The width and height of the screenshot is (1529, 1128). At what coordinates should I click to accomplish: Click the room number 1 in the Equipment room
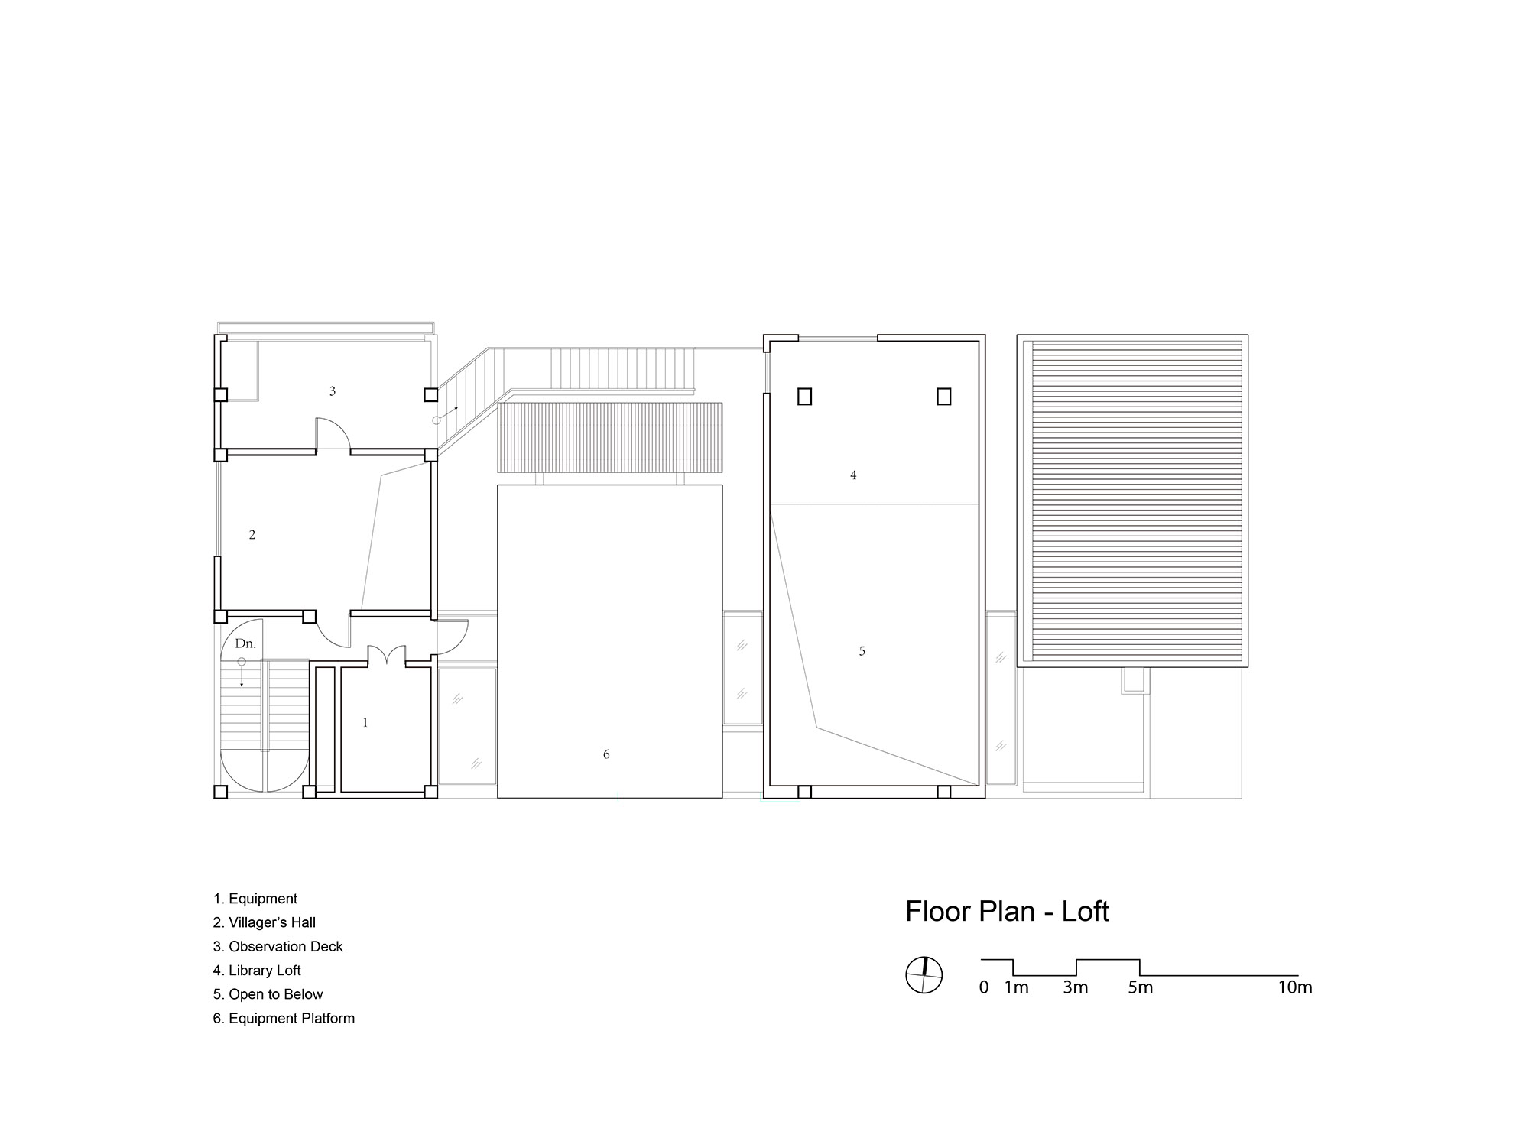pyautogui.click(x=365, y=722)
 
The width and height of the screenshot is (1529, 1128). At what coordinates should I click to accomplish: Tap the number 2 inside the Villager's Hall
pyautogui.click(x=252, y=535)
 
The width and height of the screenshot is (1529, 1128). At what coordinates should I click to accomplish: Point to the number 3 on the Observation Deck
pyautogui.click(x=333, y=391)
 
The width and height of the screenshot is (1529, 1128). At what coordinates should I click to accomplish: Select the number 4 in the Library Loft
pyautogui.click(x=853, y=475)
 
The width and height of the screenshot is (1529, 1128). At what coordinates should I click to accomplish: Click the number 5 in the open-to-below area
pyautogui.click(x=862, y=651)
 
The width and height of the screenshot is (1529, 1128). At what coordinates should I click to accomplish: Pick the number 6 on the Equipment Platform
pyautogui.click(x=606, y=754)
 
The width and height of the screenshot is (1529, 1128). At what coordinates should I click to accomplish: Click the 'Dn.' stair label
pyautogui.click(x=245, y=643)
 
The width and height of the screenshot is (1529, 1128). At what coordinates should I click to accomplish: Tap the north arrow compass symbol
pyautogui.click(x=924, y=975)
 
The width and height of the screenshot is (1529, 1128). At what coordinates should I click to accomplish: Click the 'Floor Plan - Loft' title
pyautogui.click(x=1007, y=912)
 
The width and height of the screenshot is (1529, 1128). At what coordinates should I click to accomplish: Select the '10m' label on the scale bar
pyautogui.click(x=1295, y=987)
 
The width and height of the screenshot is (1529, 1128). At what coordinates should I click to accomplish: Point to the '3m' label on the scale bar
pyautogui.click(x=1075, y=987)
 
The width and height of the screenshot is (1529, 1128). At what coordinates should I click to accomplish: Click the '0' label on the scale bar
pyautogui.click(x=984, y=987)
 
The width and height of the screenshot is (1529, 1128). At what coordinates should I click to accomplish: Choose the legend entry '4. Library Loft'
pyautogui.click(x=257, y=971)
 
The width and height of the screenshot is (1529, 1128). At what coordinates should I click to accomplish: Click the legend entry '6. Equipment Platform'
pyautogui.click(x=284, y=1019)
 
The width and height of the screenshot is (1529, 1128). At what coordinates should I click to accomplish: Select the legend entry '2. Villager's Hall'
pyautogui.click(x=265, y=922)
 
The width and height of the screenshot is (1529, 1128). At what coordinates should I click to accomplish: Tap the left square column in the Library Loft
pyautogui.click(x=804, y=397)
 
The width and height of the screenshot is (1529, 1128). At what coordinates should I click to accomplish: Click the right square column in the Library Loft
pyautogui.click(x=944, y=397)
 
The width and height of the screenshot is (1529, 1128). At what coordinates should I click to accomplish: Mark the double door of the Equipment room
pyautogui.click(x=387, y=656)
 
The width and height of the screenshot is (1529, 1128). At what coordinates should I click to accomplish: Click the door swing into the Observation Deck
pyautogui.click(x=333, y=433)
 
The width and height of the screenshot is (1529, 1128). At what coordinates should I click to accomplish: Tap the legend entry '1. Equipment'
pyautogui.click(x=255, y=899)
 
